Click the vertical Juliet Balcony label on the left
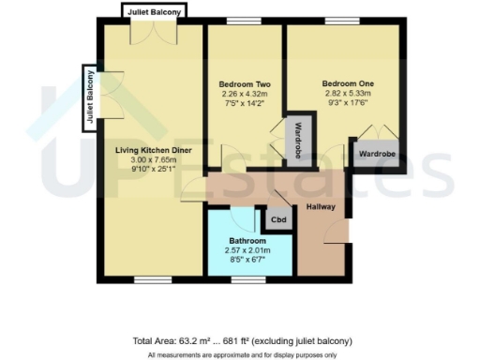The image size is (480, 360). pos(91,95)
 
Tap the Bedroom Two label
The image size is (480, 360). pos(244,82)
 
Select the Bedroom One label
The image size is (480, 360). pos(346,82)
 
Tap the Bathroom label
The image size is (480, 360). pos(247,240)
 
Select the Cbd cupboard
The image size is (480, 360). pos(278,219)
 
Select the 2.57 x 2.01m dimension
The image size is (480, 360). pos(247,252)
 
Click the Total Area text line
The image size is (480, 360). pos(242,340)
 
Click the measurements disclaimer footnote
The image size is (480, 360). pos(242,354)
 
